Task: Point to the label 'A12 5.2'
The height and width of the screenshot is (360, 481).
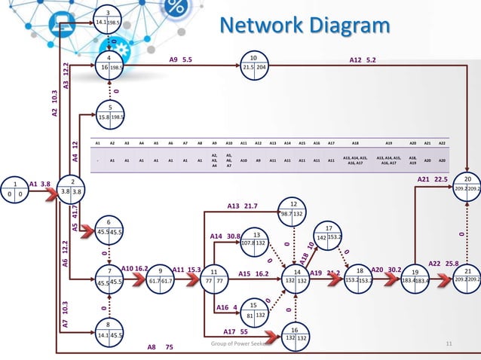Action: click(x=363, y=59)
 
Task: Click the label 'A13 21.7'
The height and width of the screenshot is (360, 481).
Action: click(x=242, y=206)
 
